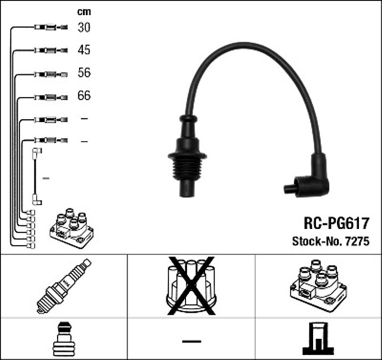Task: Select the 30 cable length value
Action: [x=84, y=27]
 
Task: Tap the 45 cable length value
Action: [x=84, y=50]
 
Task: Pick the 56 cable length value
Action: [x=84, y=73]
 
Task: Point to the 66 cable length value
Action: [x=84, y=96]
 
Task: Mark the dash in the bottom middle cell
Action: [x=191, y=341]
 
